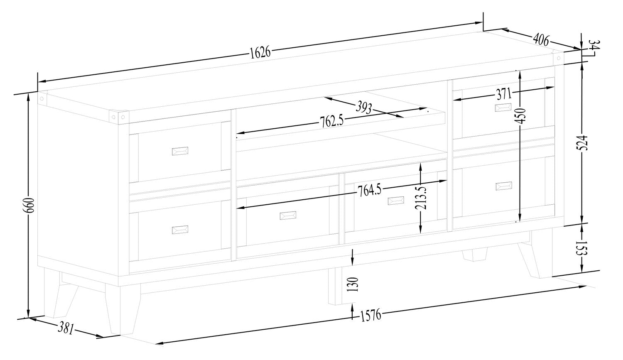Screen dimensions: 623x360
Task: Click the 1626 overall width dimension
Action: [260, 52]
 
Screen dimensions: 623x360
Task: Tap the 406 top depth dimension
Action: [541, 40]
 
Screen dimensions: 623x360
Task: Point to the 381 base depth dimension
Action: [66, 328]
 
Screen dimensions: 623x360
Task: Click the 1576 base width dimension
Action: [370, 316]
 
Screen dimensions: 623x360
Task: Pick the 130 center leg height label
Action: [352, 284]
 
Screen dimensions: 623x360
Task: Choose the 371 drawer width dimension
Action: [504, 94]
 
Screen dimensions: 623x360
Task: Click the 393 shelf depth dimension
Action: [363, 108]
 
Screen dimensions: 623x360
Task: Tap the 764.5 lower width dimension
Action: [369, 191]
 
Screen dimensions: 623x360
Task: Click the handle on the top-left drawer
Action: [180, 151]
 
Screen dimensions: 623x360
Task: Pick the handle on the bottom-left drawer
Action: [180, 230]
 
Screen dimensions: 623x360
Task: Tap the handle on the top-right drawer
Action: [503, 107]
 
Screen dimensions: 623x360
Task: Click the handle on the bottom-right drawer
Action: [504, 186]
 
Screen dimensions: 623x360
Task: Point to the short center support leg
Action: [335, 287]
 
